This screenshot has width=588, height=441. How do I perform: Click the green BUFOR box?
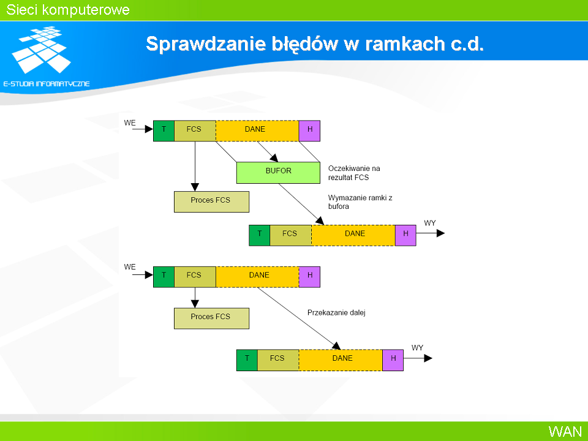pyautogui.click(x=278, y=173)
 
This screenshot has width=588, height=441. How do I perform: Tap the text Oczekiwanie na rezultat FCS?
pyautogui.click(x=354, y=173)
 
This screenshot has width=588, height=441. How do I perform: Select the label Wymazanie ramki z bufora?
pyautogui.click(x=360, y=202)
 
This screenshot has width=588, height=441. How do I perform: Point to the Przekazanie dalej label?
pyautogui.click(x=336, y=312)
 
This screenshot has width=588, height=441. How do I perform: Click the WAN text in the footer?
pyautogui.click(x=565, y=431)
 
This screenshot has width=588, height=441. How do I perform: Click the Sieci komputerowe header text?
pyautogui.click(x=68, y=10)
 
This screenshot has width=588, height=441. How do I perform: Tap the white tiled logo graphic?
pyautogui.click(x=41, y=50)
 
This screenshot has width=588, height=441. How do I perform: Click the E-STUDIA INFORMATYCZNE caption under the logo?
pyautogui.click(x=47, y=84)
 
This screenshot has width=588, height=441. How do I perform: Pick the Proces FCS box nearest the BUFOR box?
pyautogui.click(x=211, y=202)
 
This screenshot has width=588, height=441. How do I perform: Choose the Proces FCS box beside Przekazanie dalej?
pyautogui.click(x=211, y=318)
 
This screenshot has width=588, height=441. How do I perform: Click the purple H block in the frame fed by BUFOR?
pyautogui.click(x=405, y=235)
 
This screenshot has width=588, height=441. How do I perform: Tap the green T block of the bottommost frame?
pyautogui.click(x=247, y=360)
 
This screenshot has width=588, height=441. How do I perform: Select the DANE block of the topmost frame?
pyautogui.click(x=257, y=131)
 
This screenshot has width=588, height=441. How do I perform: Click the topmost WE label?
pyautogui.click(x=130, y=123)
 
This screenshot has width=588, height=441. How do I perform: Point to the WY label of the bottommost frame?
pyautogui.click(x=417, y=348)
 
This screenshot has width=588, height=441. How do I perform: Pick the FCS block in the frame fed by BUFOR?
pyautogui.click(x=290, y=235)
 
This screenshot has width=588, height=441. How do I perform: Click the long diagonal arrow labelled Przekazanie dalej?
pyautogui.click(x=300, y=318)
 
